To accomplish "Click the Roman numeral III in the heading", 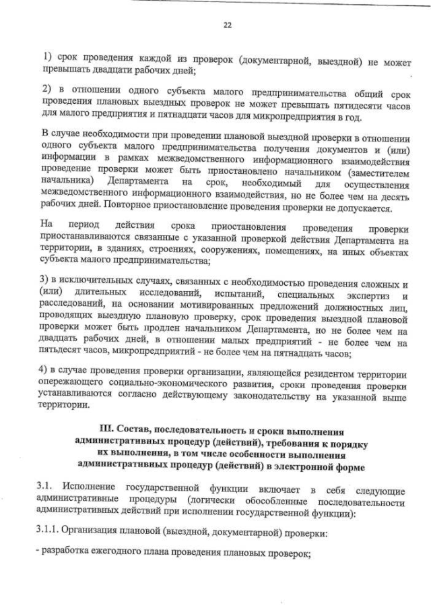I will click(107, 429).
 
